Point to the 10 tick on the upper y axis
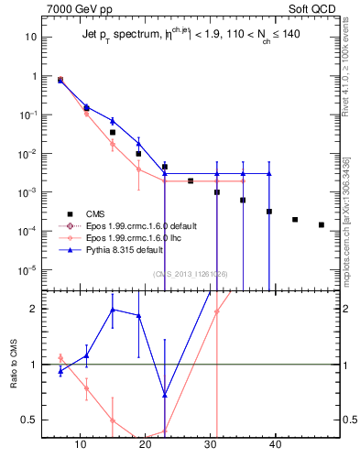tap(30, 38)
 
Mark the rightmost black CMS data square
tap(321, 224)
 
